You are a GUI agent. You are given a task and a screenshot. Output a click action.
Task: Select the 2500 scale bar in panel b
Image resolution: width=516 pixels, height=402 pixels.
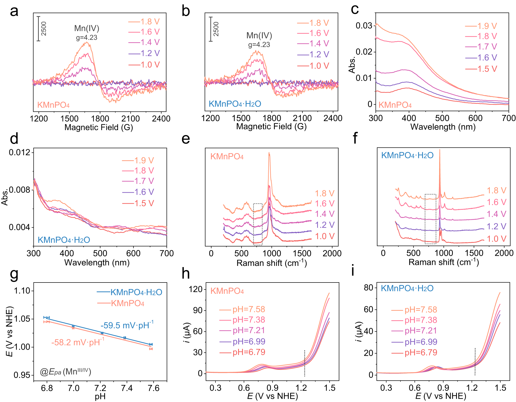(x=211, y=29)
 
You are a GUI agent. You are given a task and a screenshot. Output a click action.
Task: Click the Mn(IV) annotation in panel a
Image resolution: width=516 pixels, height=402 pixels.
(x=87, y=28)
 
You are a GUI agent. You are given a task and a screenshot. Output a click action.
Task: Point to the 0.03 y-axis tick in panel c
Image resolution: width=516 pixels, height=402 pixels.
(x=364, y=26)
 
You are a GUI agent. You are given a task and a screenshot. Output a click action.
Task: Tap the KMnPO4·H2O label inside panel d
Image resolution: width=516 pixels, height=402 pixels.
(x=64, y=240)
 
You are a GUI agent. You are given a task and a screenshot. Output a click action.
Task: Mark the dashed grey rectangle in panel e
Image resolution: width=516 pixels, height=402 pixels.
(x=258, y=224)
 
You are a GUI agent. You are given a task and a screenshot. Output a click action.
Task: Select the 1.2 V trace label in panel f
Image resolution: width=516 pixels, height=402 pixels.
(x=496, y=226)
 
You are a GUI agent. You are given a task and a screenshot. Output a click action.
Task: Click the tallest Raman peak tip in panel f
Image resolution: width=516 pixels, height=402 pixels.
(x=440, y=150)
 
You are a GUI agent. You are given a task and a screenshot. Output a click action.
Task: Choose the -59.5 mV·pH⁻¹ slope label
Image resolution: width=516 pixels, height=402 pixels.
(x=127, y=325)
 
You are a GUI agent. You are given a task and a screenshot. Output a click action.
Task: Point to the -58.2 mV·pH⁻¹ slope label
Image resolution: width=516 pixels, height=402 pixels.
(x=78, y=342)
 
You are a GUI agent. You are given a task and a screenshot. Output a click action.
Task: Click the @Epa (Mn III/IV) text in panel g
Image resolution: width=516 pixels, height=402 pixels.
(x=65, y=372)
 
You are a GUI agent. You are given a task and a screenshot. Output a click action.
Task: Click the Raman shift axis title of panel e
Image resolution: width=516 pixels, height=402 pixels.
(x=272, y=263)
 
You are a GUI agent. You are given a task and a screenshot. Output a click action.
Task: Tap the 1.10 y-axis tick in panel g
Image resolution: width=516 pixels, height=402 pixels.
(x=22, y=291)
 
